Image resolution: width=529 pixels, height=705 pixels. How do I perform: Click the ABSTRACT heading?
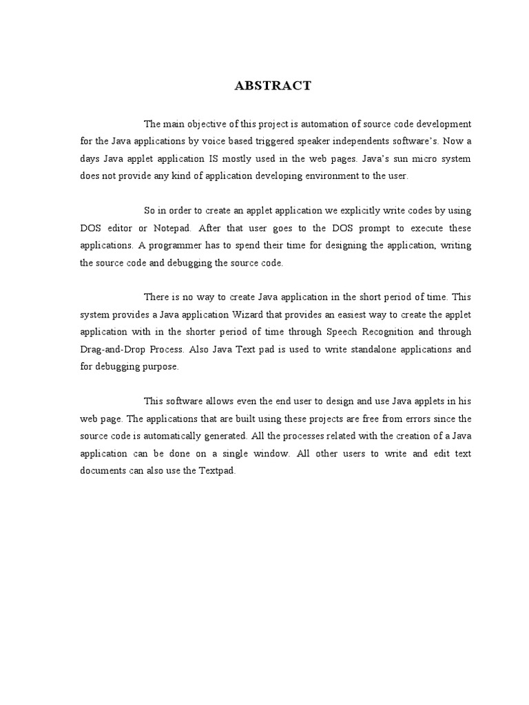273,86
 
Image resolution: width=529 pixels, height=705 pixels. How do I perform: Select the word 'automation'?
321,124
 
